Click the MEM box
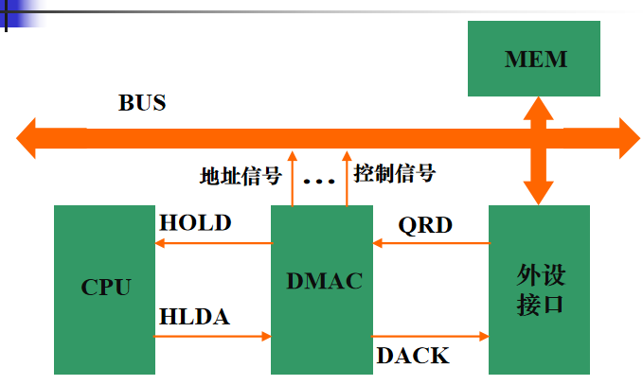pyautogui.click(x=535, y=59)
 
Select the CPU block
pyautogui.click(x=105, y=288)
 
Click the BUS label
pyautogui.click(x=142, y=103)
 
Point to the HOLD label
pyautogui.click(x=195, y=223)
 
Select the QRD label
pyautogui.click(x=425, y=225)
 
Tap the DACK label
pyautogui.click(x=413, y=356)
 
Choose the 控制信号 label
pyautogui.click(x=394, y=173)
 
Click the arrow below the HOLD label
pyautogui.click(x=214, y=243)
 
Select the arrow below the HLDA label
pyautogui.click(x=214, y=336)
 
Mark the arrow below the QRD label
pyautogui.click(x=431, y=243)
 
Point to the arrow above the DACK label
pyautogui.click(x=431, y=336)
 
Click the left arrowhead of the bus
pyautogui.click(x=28, y=138)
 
